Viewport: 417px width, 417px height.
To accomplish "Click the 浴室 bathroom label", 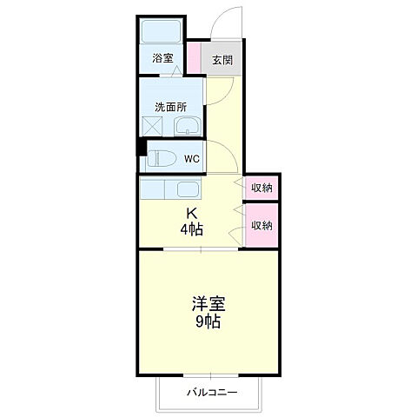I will [x=162, y=59].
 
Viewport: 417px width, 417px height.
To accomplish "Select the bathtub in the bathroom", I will [x=161, y=32].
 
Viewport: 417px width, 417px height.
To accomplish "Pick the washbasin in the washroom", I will [x=187, y=128].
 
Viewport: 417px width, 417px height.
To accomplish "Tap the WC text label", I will [x=192, y=159].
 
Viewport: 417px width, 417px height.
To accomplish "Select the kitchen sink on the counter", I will [x=189, y=189].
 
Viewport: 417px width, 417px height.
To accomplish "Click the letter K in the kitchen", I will [x=192, y=215].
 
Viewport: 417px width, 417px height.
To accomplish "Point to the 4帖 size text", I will [x=192, y=229].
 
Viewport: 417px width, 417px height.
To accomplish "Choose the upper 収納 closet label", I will [x=261, y=188].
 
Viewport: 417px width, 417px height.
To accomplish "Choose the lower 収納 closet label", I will [x=261, y=225].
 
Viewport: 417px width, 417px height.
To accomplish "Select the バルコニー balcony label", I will [x=208, y=393].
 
